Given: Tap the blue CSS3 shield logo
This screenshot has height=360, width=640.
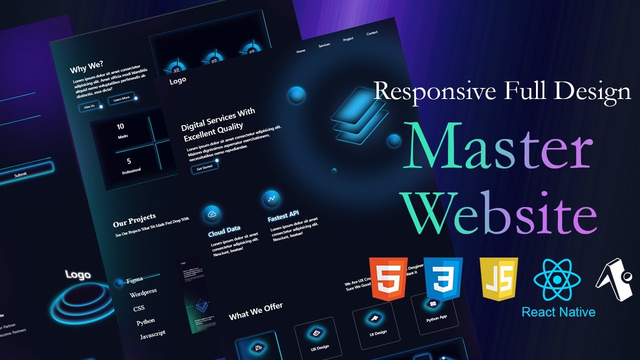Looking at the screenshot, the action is (443, 278).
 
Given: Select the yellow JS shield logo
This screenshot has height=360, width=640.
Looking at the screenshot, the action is (498, 278).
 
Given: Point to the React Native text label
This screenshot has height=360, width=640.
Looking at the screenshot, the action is (558, 312).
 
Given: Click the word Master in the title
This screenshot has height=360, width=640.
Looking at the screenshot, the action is (500, 147).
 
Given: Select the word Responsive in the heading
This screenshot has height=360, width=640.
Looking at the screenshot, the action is (434, 92).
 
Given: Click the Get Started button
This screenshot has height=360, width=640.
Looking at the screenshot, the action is (204, 167).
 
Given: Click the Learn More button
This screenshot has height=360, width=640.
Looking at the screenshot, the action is (121, 98).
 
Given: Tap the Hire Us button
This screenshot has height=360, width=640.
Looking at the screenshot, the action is (89, 106).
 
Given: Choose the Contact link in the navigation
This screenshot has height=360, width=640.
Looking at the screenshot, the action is (372, 33).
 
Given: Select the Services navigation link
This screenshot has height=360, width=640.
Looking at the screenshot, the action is (324, 45).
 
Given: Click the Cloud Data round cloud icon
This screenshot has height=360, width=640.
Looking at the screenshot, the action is (212, 214).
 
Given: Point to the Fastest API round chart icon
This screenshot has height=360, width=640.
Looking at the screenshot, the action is (271, 198).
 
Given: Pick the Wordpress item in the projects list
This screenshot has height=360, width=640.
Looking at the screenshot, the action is (143, 293).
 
